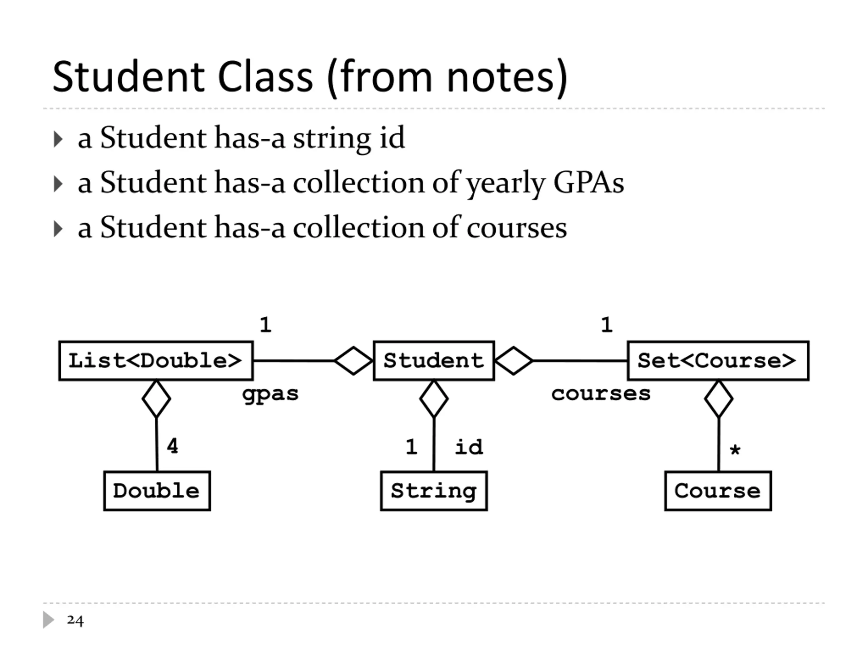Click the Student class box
pos(434,361)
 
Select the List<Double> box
pos(156,361)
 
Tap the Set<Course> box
pos(718,361)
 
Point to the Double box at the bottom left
pos(157,491)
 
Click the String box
pos(434,491)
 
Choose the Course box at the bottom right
pos(718,491)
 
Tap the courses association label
pos(601,394)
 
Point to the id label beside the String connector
pos(469,447)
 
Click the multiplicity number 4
pos(172,446)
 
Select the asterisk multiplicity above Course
pos(735,449)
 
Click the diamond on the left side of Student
pos(353,361)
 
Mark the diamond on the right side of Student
pos(514,361)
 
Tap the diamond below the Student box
pos(434,399)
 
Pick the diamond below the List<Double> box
pos(156,399)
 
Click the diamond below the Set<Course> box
pos(718,399)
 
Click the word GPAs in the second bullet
pos(588,183)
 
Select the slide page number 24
pos(75,620)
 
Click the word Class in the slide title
pos(265,77)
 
